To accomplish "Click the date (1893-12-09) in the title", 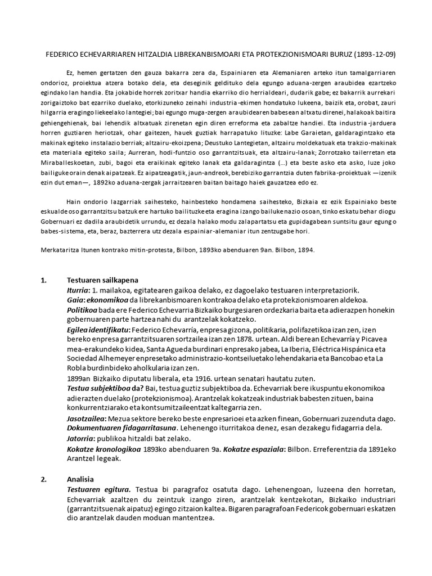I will pos(378,55).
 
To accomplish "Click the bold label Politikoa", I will pos(82,310).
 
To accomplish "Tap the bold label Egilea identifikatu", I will pos(98,330).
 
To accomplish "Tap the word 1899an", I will pos(79,379).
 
